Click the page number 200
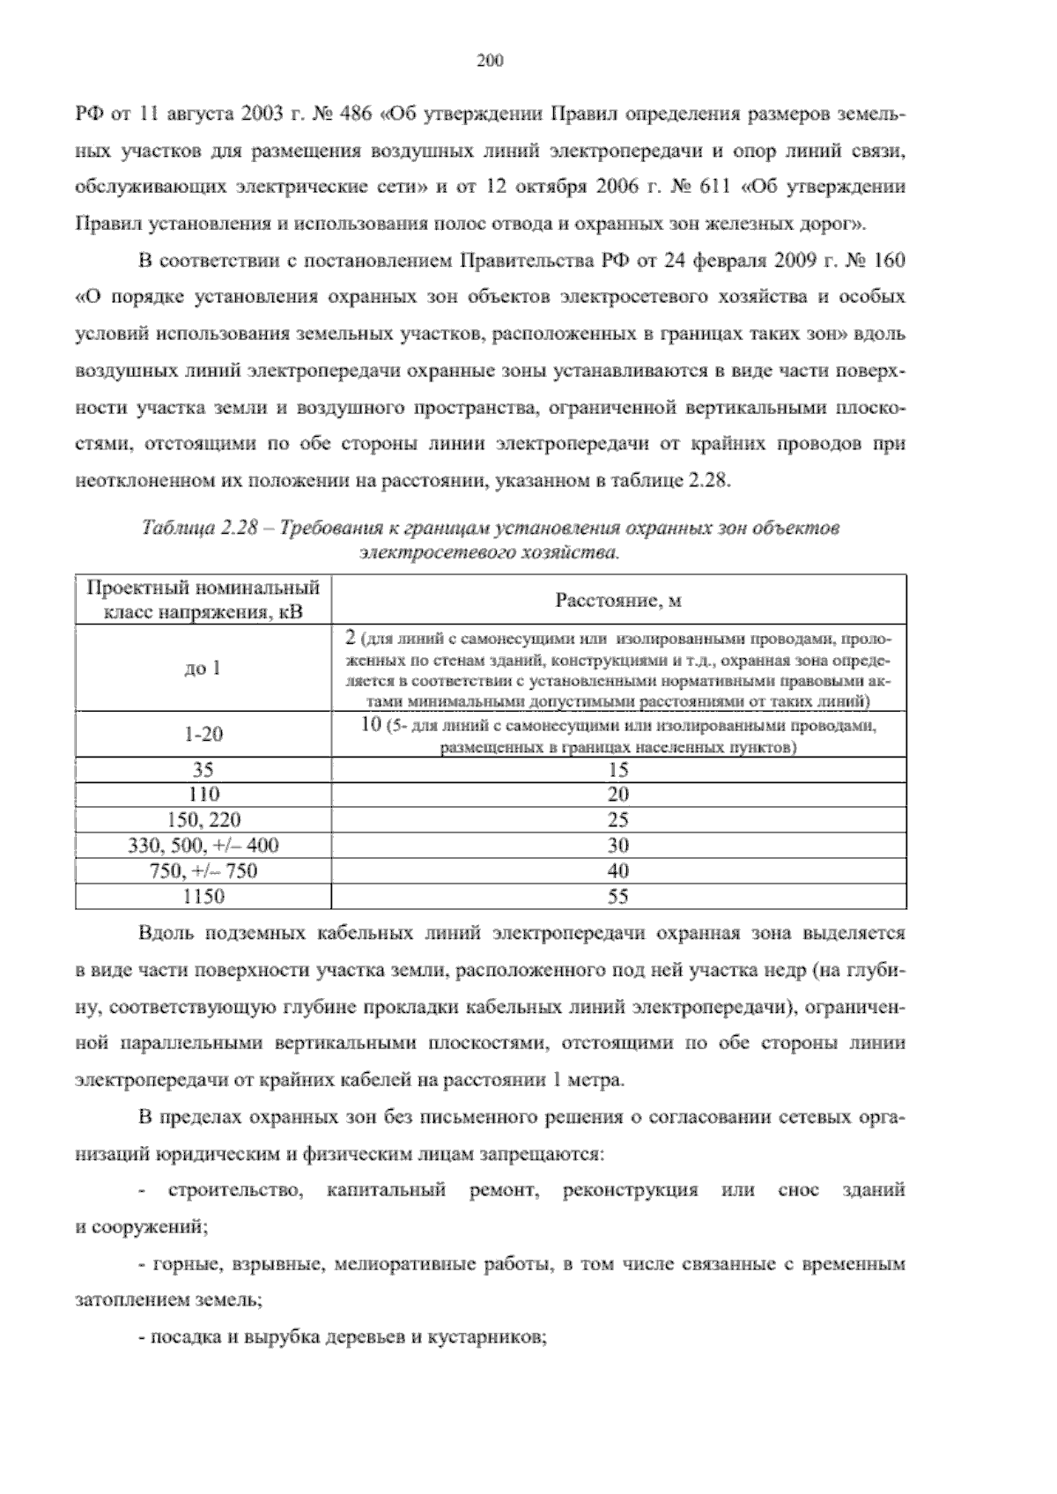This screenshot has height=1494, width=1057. [x=490, y=61]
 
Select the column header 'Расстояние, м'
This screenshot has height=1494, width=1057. [x=618, y=601]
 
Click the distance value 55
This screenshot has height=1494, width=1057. [x=618, y=897]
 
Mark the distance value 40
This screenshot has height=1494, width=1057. [x=618, y=871]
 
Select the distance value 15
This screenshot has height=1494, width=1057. [x=618, y=770]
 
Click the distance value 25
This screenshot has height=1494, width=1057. [x=618, y=820]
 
